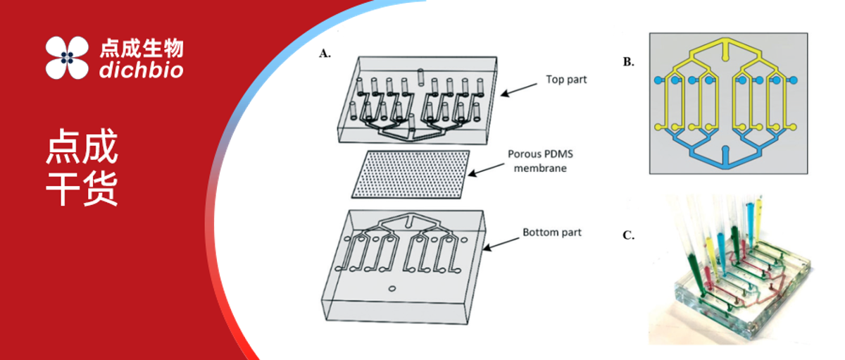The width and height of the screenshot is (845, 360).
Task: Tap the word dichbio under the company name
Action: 141,70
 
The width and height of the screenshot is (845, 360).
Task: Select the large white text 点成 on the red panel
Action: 82,149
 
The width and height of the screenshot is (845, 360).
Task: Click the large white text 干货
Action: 82,188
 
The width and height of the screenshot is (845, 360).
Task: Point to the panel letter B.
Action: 628,62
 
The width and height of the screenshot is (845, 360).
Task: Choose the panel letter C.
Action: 628,235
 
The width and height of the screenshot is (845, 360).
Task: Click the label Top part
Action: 566,80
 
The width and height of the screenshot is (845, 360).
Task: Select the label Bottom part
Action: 552,232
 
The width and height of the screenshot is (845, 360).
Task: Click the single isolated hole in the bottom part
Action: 392,290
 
